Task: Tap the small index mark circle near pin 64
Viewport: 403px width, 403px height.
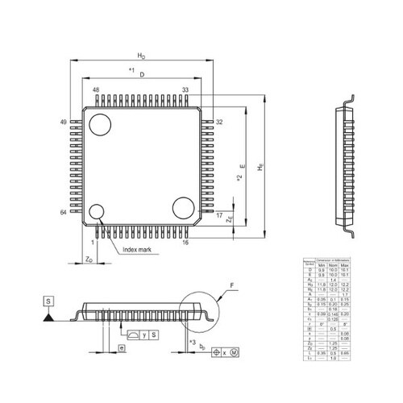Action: coord(97,212)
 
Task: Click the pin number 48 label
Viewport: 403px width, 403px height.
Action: coord(96,90)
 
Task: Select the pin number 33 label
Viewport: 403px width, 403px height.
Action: coord(185,90)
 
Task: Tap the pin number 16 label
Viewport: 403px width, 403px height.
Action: coord(185,242)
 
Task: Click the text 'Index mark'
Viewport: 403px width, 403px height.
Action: coord(136,251)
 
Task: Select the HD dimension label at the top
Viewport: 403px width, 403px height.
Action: coord(141,56)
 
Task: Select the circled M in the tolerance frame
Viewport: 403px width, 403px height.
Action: coord(235,353)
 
